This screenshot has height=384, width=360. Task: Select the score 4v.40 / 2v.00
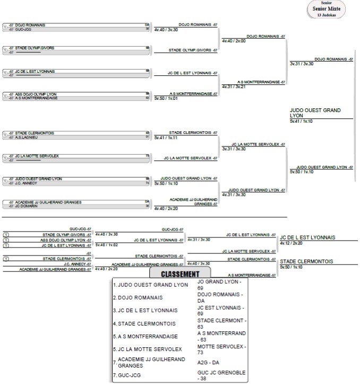pos(234,41)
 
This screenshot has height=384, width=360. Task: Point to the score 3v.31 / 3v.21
pos(234,87)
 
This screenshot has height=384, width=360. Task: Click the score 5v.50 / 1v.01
pos(165,98)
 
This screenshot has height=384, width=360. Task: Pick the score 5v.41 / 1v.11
pos(165,137)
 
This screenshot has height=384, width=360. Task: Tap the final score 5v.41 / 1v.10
pos(302,122)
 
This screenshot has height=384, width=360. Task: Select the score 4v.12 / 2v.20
pos(291,243)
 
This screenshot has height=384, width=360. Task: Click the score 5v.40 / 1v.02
pos(106,245)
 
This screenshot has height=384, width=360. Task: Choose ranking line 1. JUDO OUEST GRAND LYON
pos(150,285)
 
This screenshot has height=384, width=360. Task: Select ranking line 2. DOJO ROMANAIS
pos(138,297)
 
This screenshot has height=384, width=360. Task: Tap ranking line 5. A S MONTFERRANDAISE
pos(145,336)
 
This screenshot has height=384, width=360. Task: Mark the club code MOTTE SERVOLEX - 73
pos(221,349)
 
